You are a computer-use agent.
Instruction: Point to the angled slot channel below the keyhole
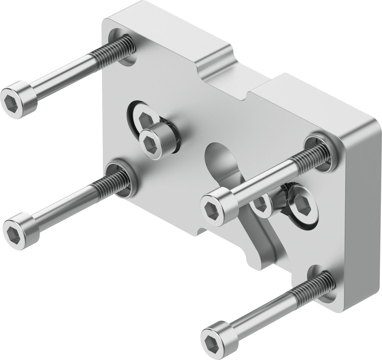pyautogui.click(x=260, y=241)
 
